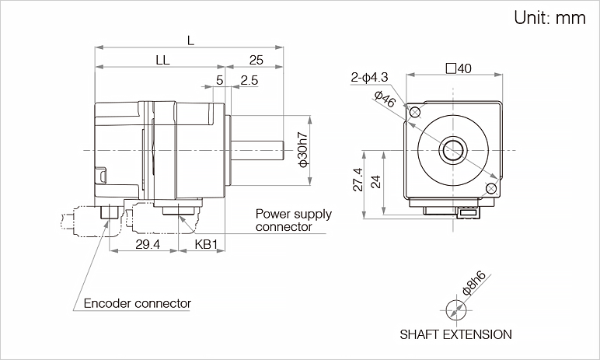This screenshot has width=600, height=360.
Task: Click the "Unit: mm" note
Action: tap(549, 18)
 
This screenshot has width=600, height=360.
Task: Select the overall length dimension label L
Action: tap(190, 40)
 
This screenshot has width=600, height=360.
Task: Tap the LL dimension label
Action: tap(162, 60)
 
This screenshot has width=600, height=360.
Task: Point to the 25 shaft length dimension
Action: tap(256, 60)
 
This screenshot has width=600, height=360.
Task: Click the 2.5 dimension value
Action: tap(249, 80)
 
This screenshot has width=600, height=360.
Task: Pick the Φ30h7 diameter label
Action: tap(303, 149)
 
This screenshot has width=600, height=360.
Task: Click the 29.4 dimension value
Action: tap(148, 244)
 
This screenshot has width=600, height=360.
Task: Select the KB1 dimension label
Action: tap(206, 244)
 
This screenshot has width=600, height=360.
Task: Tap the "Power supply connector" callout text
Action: tap(294, 220)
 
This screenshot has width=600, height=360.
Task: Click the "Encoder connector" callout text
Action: tap(137, 303)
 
